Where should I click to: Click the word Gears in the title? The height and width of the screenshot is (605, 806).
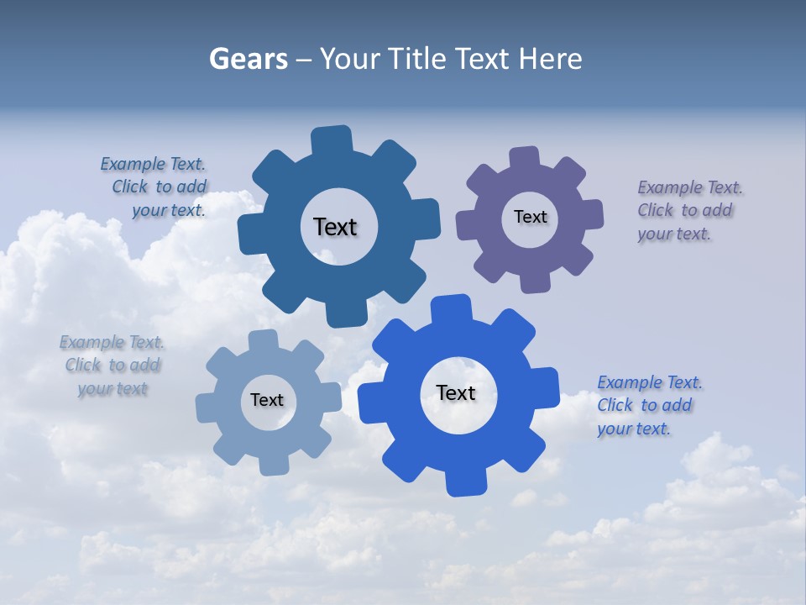pyautogui.click(x=248, y=59)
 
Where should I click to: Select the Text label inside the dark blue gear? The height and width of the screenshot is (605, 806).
pyautogui.click(x=335, y=227)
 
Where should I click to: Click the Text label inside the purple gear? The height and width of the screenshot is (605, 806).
pyautogui.click(x=530, y=217)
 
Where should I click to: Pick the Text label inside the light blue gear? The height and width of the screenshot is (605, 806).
pyautogui.click(x=267, y=401)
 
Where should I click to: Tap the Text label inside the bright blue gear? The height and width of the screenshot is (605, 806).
pyautogui.click(x=456, y=392)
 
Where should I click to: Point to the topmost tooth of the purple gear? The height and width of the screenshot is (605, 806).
pyautogui.click(x=525, y=158)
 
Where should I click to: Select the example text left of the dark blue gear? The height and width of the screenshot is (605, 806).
pyautogui.click(x=155, y=187)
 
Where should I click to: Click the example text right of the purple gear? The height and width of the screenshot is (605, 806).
pyautogui.click(x=688, y=211)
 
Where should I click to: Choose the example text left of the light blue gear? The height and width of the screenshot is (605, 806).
pyautogui.click(x=112, y=366)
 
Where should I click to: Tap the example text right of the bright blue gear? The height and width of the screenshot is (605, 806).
pyautogui.click(x=648, y=406)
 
